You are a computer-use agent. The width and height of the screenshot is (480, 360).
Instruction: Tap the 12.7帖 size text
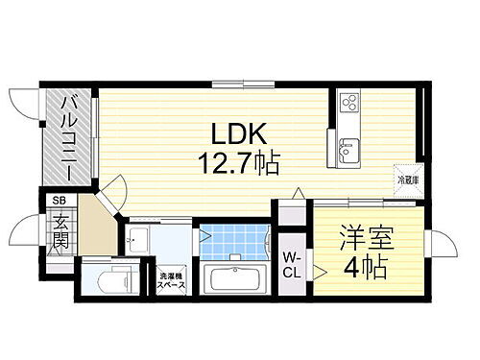[240, 164]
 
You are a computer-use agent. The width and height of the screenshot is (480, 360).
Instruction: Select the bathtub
[235, 283]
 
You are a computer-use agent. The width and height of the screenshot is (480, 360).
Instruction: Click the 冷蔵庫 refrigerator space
[408, 180]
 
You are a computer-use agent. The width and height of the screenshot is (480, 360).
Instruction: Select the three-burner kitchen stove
[347, 102]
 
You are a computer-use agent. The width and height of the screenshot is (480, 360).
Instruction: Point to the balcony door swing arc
[23, 100]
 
